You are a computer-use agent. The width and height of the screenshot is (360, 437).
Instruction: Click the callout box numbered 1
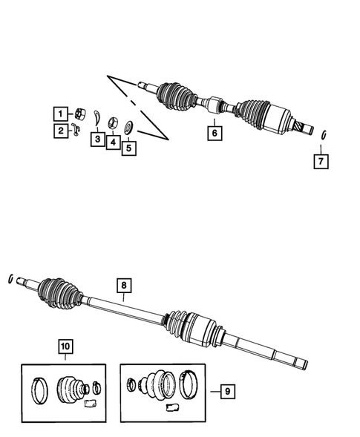click(57, 114)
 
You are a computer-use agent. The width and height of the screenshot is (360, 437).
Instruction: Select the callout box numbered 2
click(57, 131)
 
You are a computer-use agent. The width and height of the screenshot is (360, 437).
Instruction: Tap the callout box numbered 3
click(96, 139)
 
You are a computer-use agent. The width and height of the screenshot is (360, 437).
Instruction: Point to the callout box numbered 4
click(113, 141)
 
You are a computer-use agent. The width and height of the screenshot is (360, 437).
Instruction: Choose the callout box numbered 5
click(129, 148)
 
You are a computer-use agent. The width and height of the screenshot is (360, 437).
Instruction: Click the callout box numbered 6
click(214, 134)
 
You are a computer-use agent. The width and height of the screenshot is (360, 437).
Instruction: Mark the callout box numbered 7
click(320, 160)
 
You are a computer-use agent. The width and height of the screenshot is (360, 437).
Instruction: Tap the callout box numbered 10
click(65, 346)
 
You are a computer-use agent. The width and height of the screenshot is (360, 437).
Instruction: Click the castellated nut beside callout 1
click(76, 113)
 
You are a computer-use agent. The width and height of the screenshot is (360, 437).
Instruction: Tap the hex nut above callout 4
click(113, 122)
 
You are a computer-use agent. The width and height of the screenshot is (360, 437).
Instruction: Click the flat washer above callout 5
click(128, 128)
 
